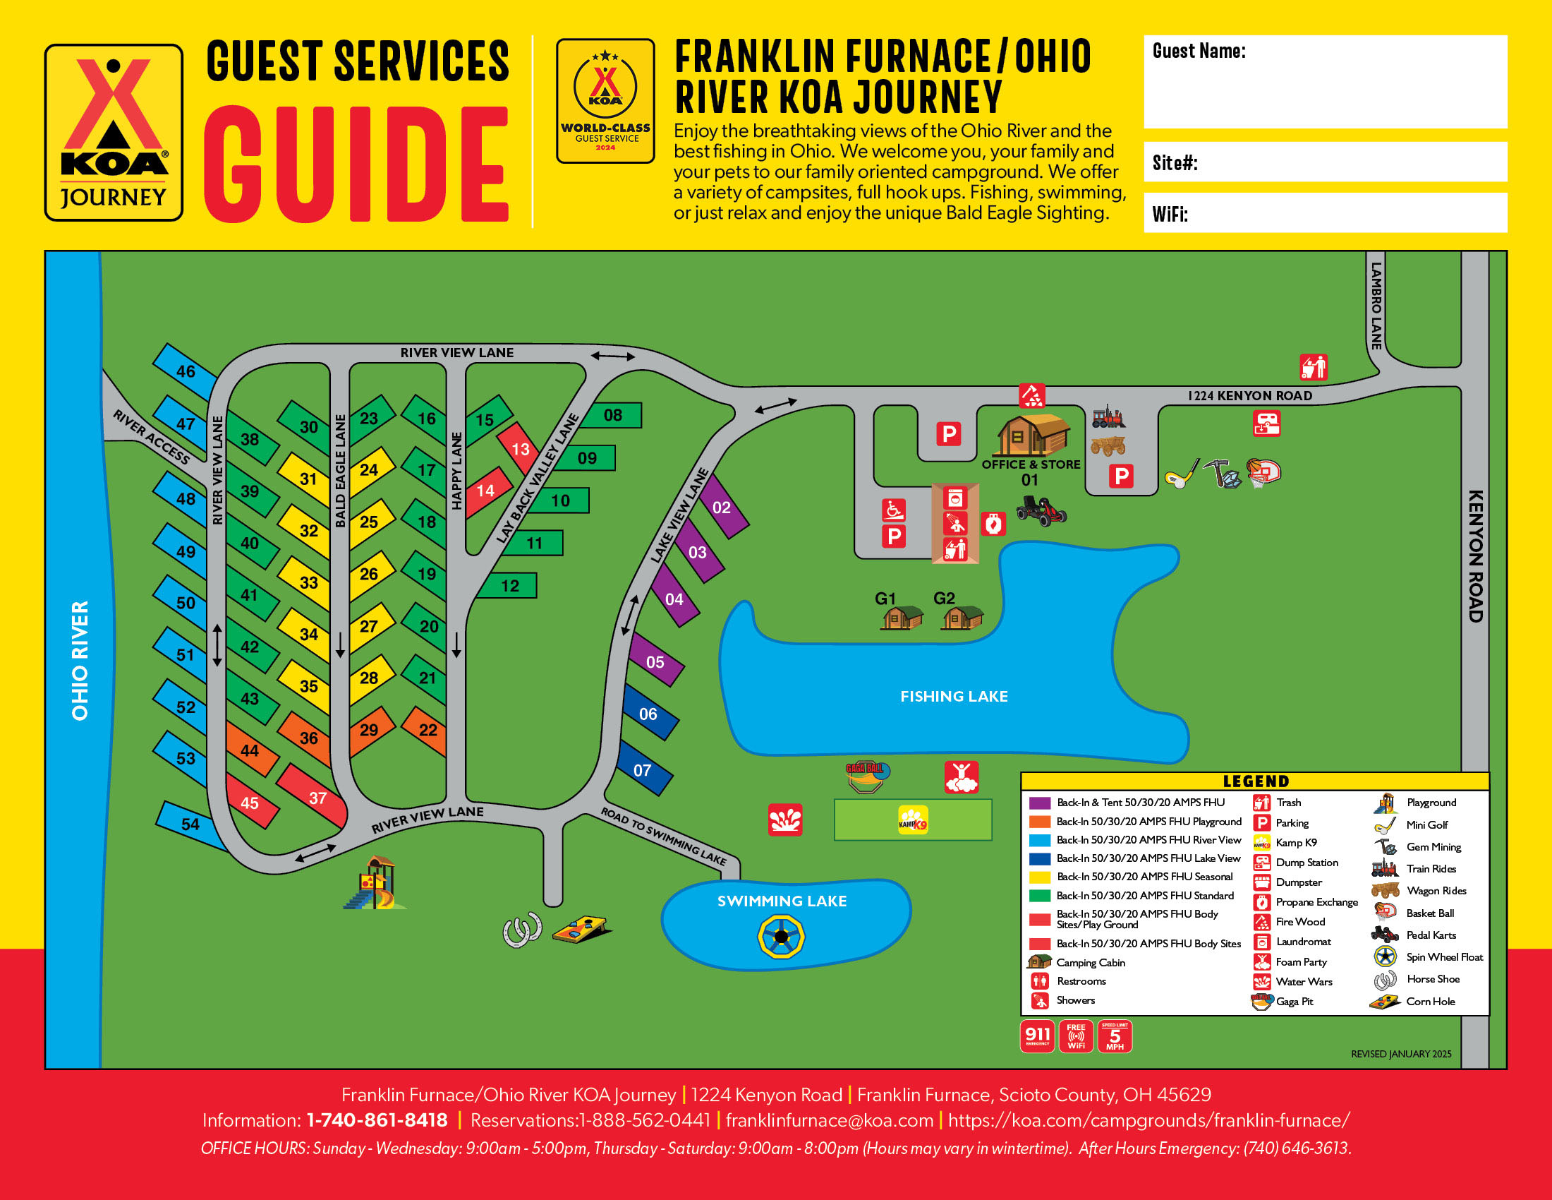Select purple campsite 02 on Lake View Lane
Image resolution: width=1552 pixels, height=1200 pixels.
[x=722, y=507]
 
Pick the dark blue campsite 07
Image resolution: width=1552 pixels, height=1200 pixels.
[x=644, y=769]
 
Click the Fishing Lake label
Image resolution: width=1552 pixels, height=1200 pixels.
[x=954, y=696]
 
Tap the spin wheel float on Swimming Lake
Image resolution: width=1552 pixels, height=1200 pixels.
[x=781, y=936]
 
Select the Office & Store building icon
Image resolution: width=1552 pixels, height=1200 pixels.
[x=1031, y=435]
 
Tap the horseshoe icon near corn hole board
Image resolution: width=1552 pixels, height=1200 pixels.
[x=522, y=930]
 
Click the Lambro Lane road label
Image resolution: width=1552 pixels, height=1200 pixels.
[x=1376, y=306]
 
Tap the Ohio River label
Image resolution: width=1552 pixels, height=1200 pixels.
[x=80, y=660]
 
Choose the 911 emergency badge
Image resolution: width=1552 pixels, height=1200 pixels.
[x=1037, y=1036]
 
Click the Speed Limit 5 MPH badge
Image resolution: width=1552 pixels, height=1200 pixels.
[x=1114, y=1036]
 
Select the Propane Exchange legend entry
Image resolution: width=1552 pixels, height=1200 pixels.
[x=1316, y=901]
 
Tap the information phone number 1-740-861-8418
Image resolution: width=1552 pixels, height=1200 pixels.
[x=377, y=1120]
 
